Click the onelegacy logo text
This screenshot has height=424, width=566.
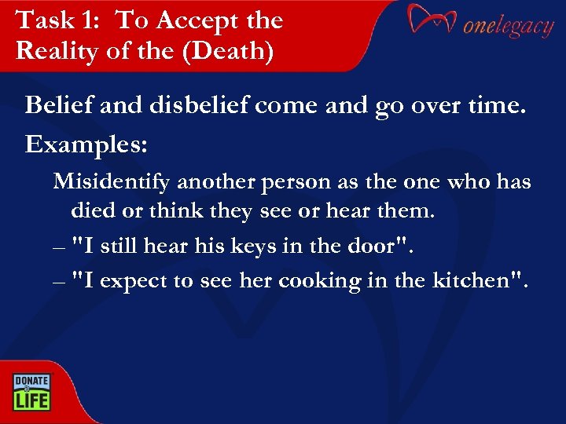(x=508, y=27)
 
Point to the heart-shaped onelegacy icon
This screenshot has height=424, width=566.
(x=432, y=21)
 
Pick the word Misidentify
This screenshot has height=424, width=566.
(x=112, y=182)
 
